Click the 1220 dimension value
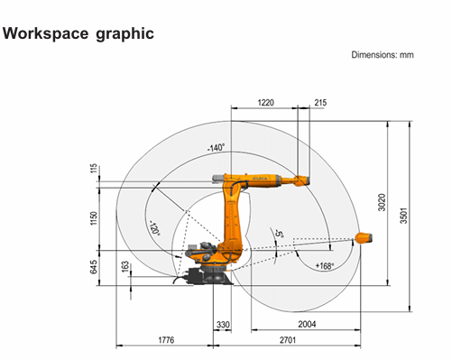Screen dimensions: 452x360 coord(266,103)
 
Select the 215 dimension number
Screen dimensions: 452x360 coord(320,103)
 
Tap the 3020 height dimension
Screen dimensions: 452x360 coord(382,202)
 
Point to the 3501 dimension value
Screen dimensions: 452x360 coord(403,216)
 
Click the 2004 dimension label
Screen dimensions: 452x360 coord(307,324)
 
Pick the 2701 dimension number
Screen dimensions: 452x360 coord(288,340)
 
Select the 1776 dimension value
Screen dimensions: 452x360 coord(166,340)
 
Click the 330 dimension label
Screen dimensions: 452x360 coord(223,325)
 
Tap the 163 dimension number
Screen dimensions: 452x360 coord(125,266)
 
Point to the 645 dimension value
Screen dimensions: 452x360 coord(94,267)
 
